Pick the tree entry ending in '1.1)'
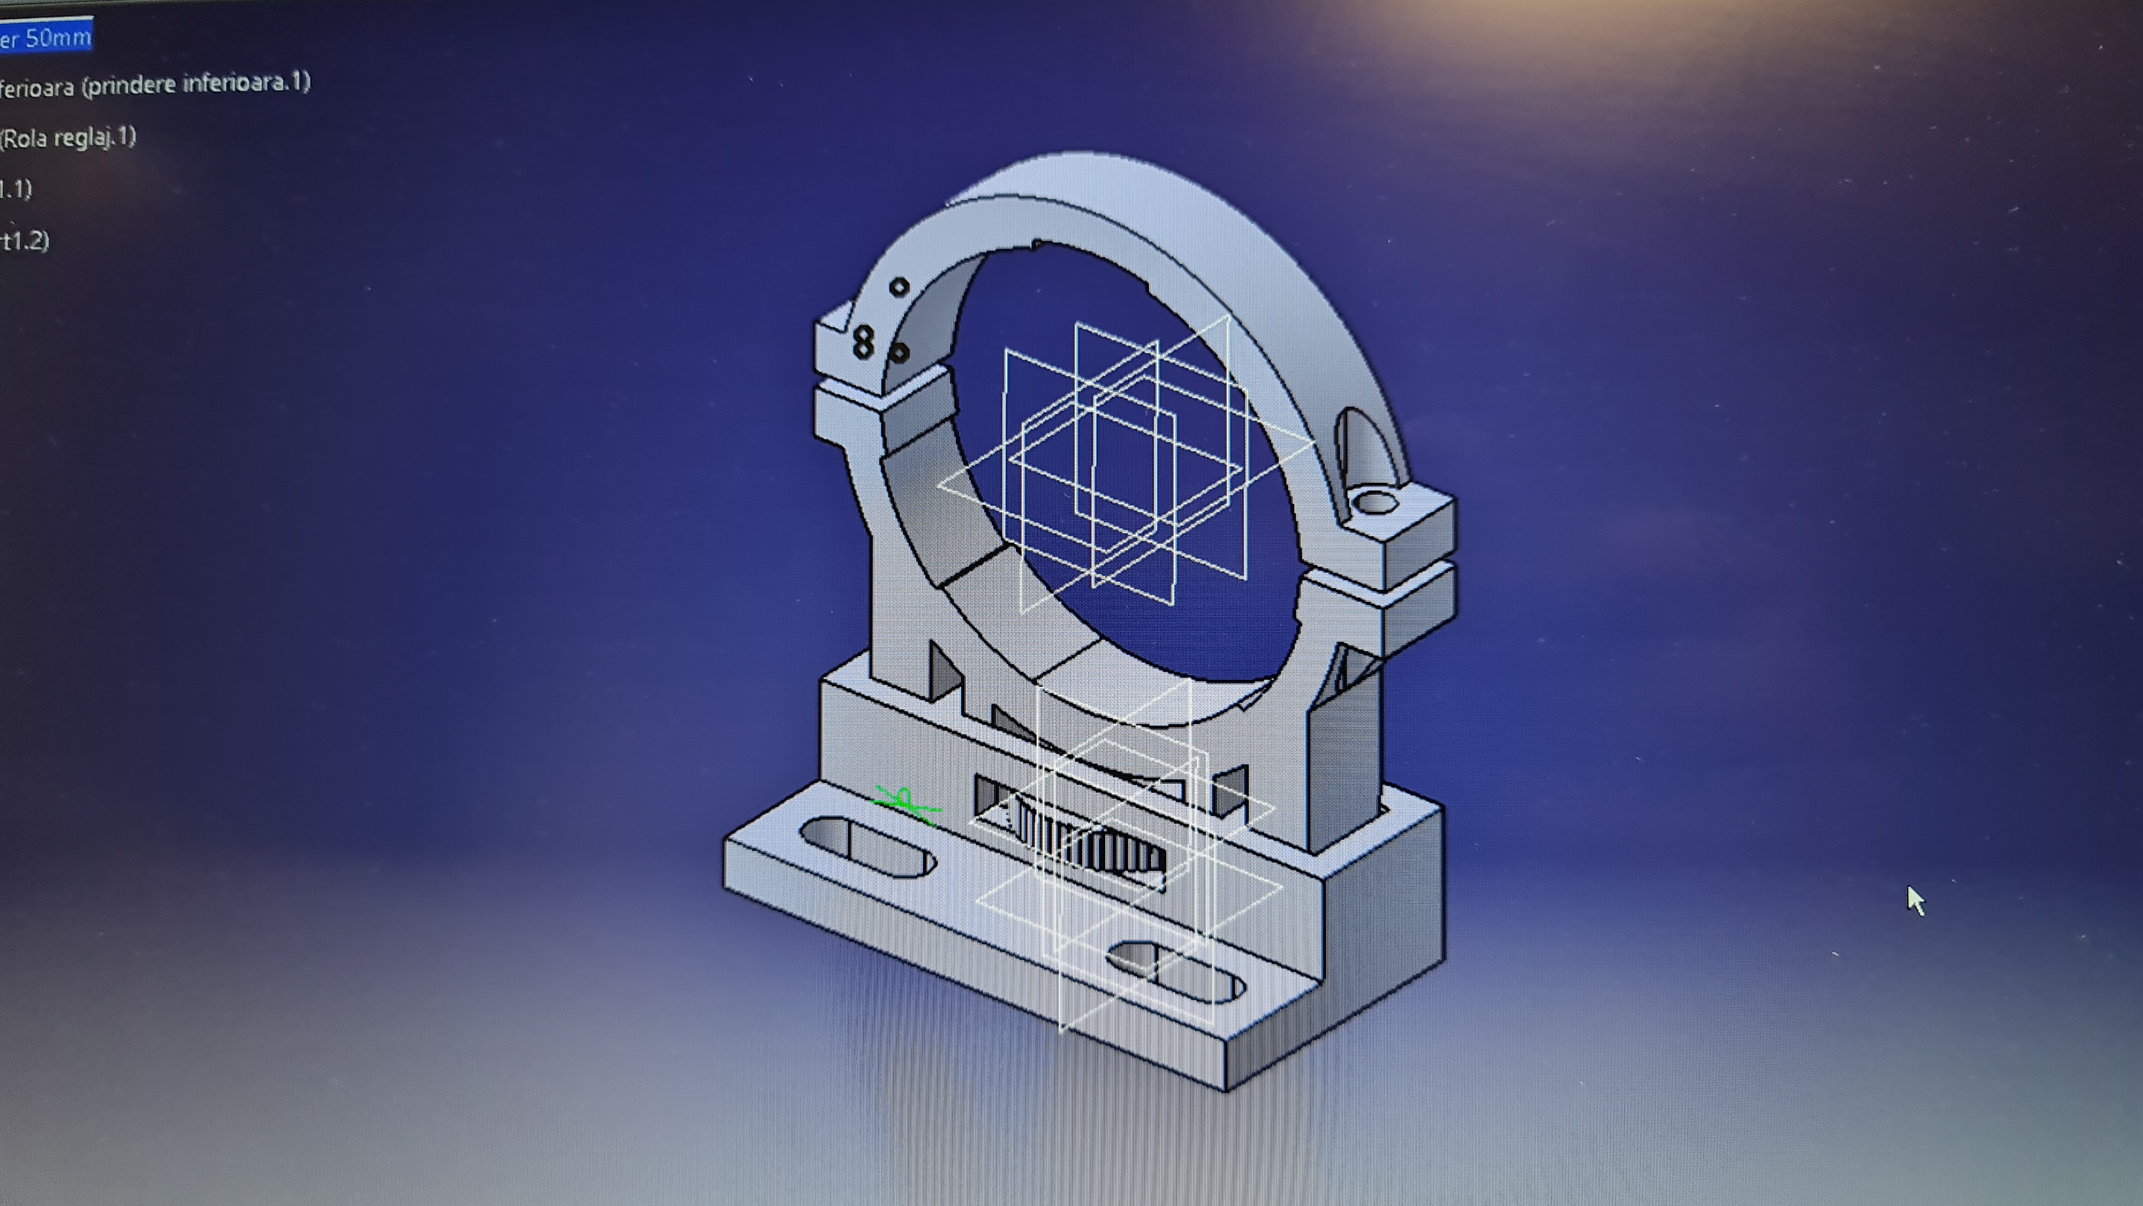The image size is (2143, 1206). pos(17,189)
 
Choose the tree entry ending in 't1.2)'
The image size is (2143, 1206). pos(25,241)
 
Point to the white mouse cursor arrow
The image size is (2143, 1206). pos(1914,899)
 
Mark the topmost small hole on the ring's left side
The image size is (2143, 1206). pos(899,287)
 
